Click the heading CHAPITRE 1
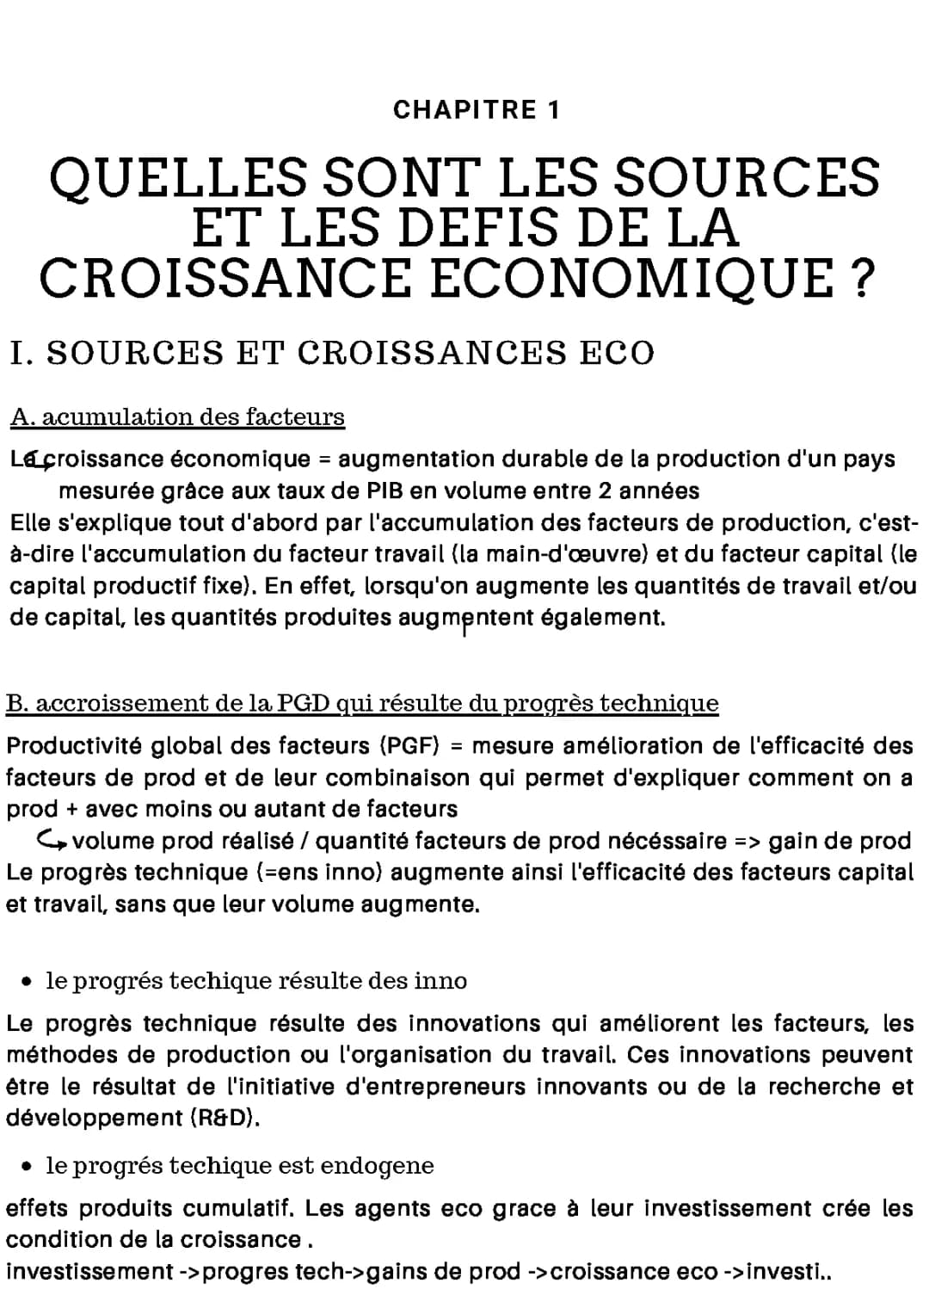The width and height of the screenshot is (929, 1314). (476, 110)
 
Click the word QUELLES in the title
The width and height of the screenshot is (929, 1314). (177, 178)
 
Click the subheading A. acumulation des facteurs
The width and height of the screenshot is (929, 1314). (177, 417)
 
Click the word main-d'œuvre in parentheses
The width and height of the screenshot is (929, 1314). (561, 554)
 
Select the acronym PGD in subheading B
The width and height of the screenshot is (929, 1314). (305, 703)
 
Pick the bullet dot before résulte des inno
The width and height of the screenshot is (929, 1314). (29, 981)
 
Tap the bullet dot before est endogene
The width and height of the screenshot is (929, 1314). (29, 1166)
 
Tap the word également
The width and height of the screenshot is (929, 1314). (603, 618)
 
